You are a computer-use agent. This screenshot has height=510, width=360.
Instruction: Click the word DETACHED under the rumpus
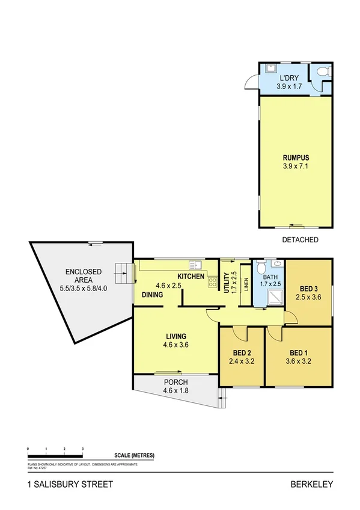point(300,239)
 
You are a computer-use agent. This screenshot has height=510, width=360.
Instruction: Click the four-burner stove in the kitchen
point(212,281)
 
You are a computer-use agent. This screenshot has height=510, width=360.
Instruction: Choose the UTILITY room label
point(227,283)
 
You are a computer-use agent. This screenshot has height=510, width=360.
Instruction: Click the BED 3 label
point(309,288)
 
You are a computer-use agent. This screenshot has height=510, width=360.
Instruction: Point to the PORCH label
point(175,382)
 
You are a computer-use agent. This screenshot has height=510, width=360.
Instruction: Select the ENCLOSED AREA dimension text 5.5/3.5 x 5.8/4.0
point(84,289)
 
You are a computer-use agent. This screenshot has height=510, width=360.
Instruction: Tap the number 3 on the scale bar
point(82,449)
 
